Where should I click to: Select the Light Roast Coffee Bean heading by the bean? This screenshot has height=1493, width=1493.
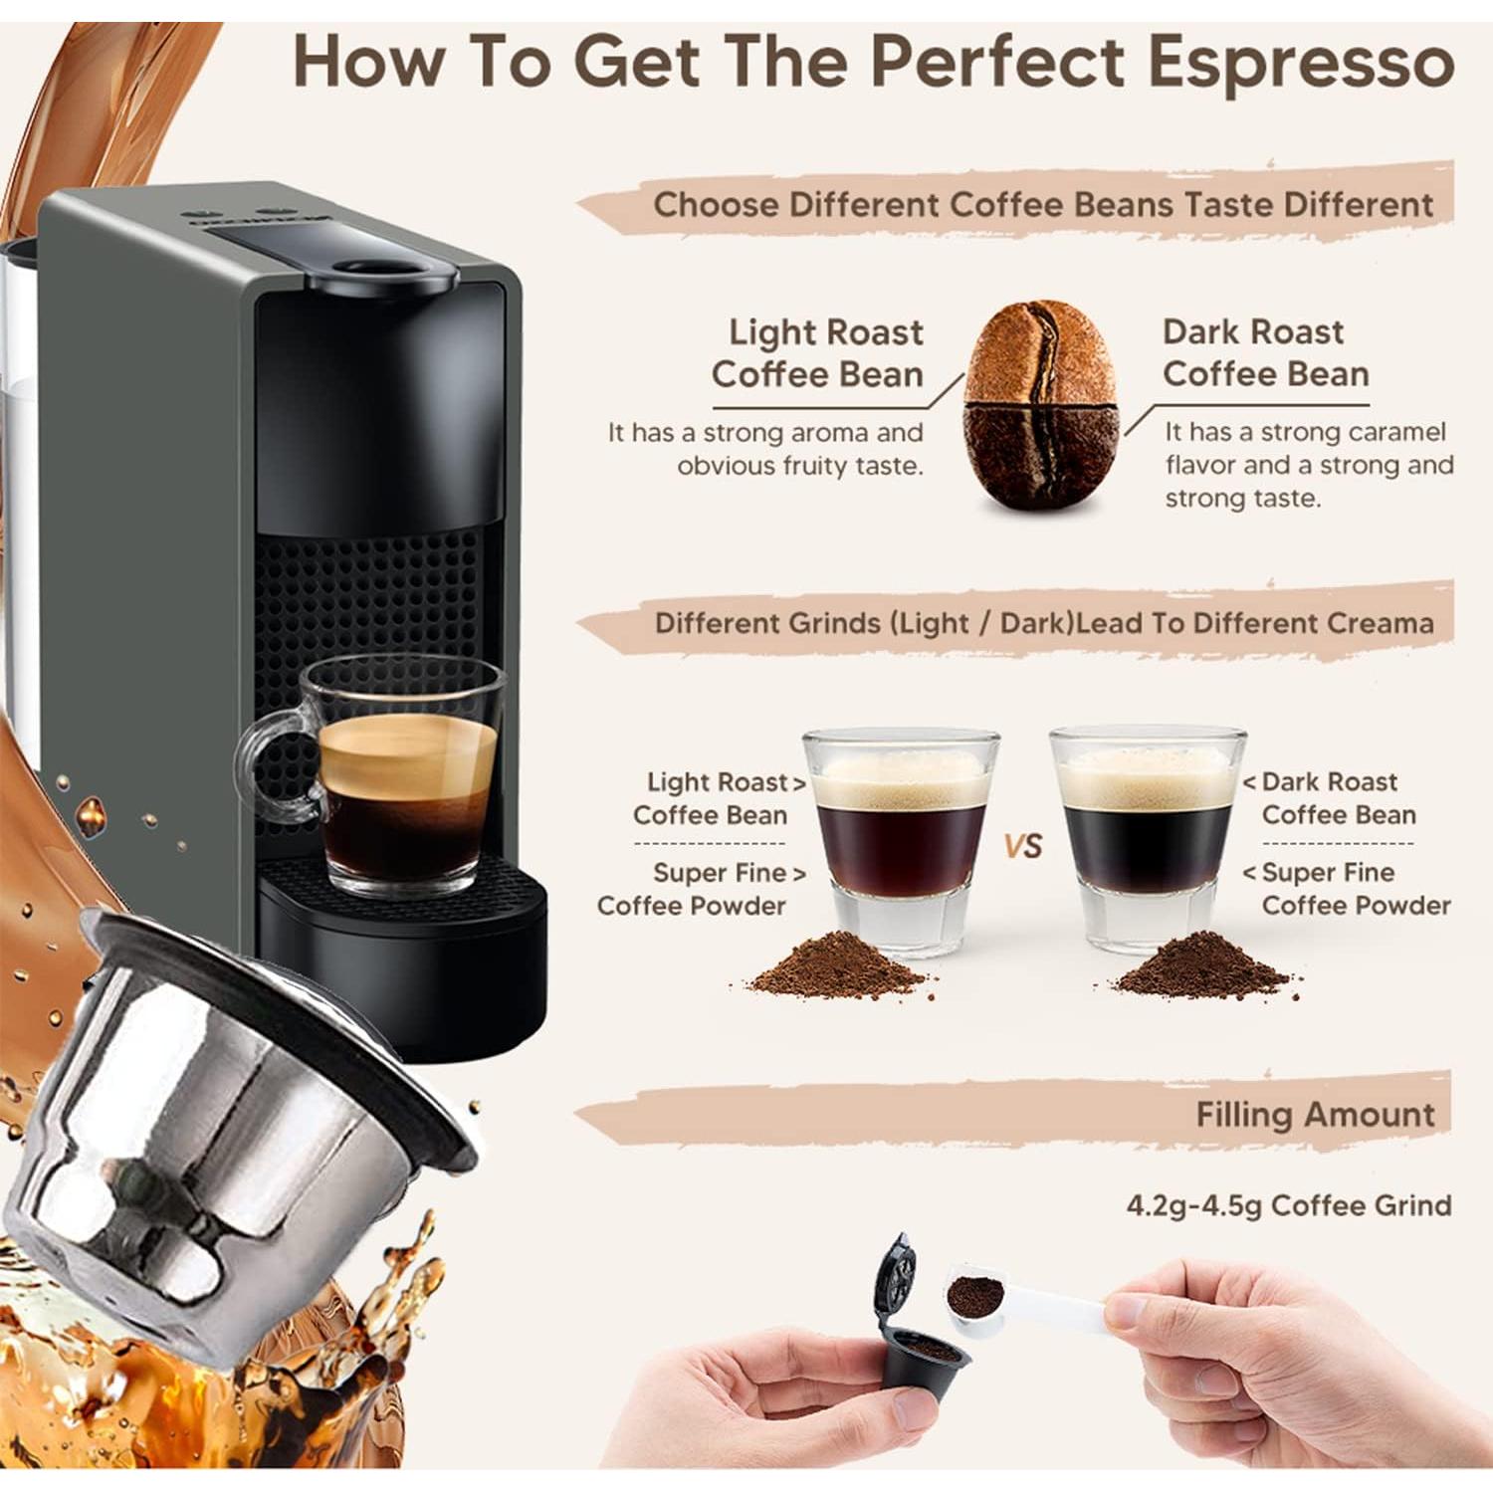point(817,353)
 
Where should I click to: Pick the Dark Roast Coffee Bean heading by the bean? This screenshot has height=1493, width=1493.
point(1265,352)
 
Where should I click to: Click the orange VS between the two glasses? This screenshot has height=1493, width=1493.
point(1022,846)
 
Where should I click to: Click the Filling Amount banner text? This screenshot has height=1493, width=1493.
point(1315,1115)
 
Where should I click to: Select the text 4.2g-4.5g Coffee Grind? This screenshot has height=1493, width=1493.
point(1288,1205)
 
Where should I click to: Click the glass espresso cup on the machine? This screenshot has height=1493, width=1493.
point(408,776)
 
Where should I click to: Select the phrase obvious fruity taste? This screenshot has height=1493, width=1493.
point(800,466)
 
